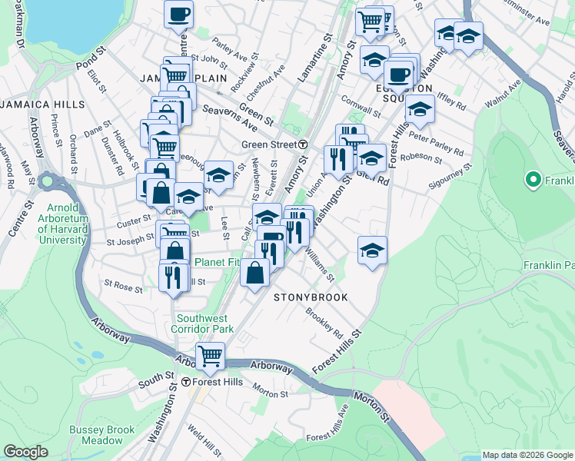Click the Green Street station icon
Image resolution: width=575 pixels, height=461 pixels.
click(x=304, y=144)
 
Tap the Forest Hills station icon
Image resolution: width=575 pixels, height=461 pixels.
click(x=185, y=382)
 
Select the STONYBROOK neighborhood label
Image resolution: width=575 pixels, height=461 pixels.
click(x=311, y=297)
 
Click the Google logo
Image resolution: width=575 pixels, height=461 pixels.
click(x=25, y=452)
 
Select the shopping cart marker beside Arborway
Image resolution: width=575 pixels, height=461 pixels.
click(x=210, y=356)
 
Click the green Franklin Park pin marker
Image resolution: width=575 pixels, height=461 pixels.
click(x=531, y=181)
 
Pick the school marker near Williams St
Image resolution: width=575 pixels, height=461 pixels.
click(x=372, y=250)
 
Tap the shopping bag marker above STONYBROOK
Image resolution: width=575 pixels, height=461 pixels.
click(x=255, y=272)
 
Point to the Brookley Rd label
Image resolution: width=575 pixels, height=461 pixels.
click(x=324, y=323)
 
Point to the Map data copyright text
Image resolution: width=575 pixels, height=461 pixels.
click(x=527, y=454)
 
